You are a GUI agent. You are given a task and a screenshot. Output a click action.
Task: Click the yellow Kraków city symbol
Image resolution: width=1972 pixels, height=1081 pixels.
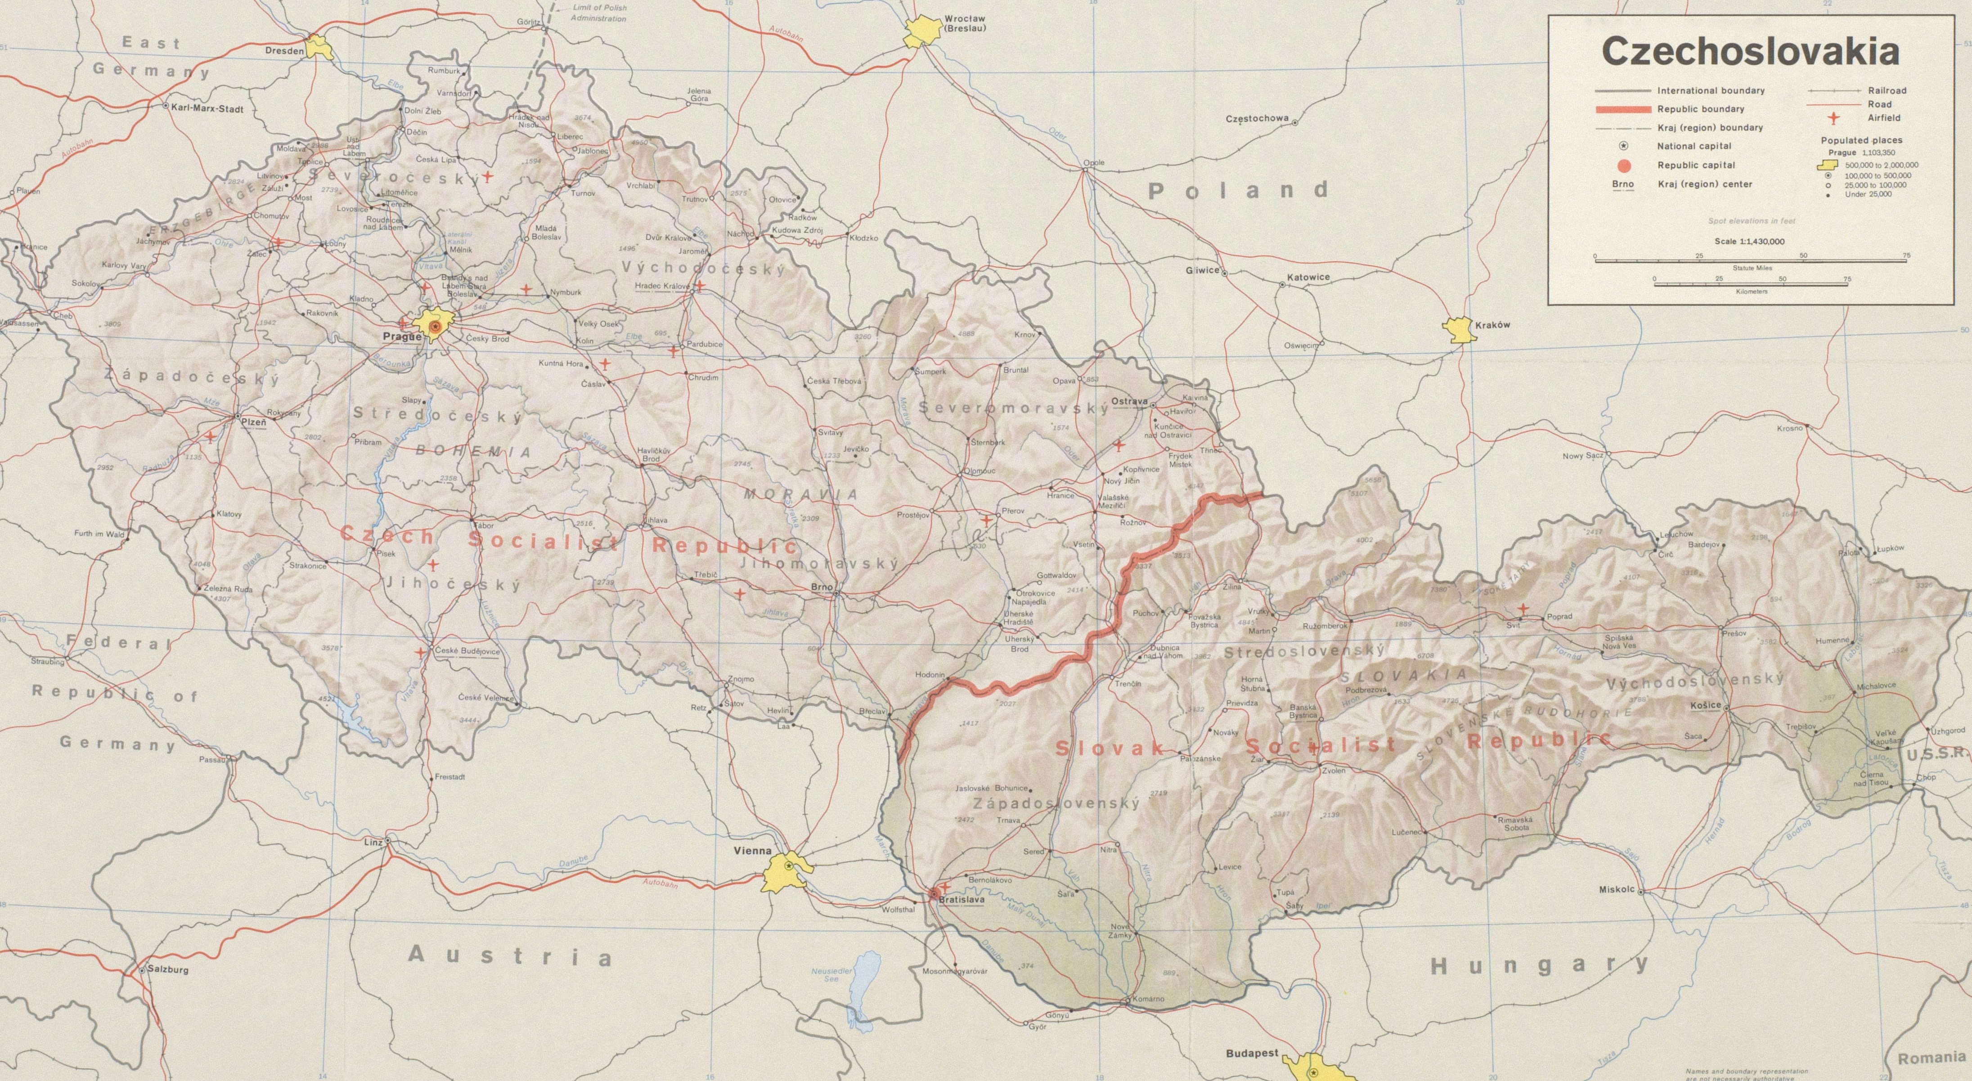click(x=1458, y=330)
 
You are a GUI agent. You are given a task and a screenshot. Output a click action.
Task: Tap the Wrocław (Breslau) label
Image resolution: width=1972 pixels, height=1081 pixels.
click(x=965, y=23)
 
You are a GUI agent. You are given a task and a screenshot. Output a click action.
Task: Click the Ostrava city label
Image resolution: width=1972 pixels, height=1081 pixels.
click(x=1130, y=401)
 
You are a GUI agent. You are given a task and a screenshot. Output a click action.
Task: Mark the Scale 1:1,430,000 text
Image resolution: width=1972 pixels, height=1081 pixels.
click(x=1749, y=241)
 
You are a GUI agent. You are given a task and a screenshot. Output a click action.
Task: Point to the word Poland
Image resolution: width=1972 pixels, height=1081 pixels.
click(x=1238, y=191)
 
